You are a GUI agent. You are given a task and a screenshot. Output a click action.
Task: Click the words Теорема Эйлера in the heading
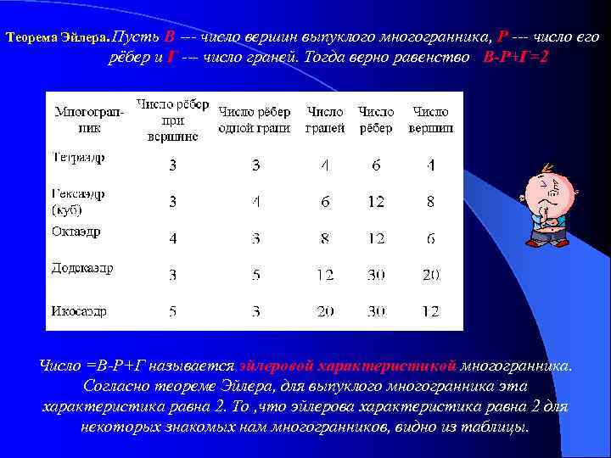click(57, 39)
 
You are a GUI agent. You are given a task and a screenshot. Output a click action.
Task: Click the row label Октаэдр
click(76, 231)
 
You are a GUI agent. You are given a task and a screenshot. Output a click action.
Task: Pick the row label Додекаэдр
click(81, 268)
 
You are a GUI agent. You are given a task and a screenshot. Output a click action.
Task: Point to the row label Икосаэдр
click(79, 311)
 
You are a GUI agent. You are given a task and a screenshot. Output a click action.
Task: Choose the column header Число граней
click(325, 120)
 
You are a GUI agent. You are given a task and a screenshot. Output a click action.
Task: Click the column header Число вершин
click(430, 120)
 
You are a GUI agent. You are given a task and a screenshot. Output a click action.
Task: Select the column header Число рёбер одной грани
click(255, 120)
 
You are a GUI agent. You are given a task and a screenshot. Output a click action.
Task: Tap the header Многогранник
click(88, 120)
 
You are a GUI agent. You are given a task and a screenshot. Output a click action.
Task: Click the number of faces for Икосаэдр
click(325, 312)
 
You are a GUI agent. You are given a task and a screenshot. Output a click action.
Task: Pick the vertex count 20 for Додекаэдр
click(430, 275)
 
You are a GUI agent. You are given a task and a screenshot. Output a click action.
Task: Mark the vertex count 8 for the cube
click(430, 202)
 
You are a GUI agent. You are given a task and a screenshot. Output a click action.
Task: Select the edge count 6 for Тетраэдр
click(376, 165)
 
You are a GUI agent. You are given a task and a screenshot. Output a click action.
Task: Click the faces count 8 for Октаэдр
click(325, 238)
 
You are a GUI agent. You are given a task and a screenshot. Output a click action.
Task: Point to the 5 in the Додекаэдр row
click(255, 275)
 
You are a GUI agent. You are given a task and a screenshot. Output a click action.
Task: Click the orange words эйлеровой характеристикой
click(349, 366)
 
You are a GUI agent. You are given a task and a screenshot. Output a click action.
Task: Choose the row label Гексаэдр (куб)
click(77, 201)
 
